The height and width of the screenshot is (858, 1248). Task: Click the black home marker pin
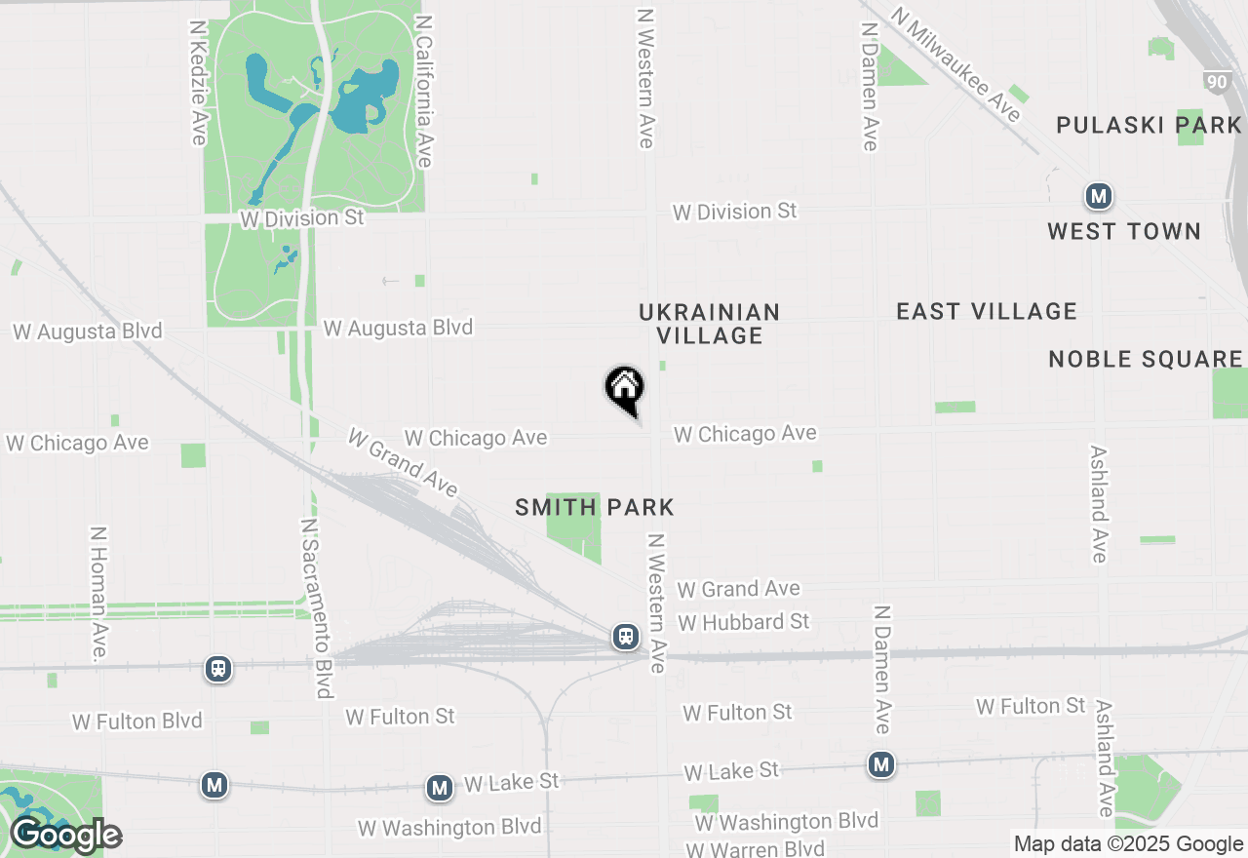coord(625,388)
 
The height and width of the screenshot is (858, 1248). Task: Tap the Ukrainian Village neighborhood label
coord(709,324)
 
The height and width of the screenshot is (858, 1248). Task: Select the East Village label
coord(987,311)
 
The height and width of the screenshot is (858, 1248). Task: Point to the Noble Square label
coord(1146,359)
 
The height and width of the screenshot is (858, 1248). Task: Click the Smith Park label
coord(595,507)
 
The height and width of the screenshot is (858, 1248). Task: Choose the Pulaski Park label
coord(1150,125)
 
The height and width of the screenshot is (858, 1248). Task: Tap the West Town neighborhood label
coord(1124,231)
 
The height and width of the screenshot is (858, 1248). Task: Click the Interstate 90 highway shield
coord(1216,82)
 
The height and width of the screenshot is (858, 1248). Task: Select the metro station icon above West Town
coord(1099,197)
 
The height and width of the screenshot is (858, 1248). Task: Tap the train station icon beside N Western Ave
coord(626,638)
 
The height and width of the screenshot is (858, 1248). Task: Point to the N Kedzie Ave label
coord(199,84)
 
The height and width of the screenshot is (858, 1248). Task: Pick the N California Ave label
coord(423,91)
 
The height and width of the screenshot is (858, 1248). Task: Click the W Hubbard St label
coord(744,622)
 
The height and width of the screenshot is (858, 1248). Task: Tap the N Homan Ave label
coord(98,595)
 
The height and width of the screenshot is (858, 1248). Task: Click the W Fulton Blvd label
coord(137,721)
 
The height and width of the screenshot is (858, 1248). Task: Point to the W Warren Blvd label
coord(756,848)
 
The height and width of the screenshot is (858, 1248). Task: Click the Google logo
coord(66,836)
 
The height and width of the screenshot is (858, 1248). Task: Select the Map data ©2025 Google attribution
coord(1129,844)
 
